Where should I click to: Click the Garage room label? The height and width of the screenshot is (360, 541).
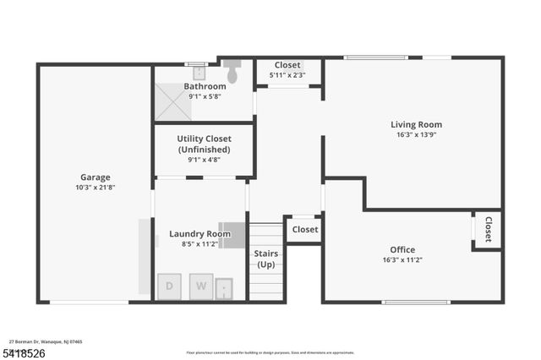(96, 177)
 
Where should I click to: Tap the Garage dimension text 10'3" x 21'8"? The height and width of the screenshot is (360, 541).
(96, 188)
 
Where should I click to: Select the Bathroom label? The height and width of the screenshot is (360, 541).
(205, 86)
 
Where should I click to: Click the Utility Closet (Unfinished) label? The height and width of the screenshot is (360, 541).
(203, 144)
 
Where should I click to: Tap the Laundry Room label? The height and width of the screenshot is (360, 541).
(199, 234)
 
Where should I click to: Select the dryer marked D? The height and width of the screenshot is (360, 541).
(169, 286)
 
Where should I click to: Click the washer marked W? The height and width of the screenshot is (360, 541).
(201, 286)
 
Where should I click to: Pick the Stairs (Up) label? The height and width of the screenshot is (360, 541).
(266, 259)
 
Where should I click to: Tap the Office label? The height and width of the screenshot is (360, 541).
(402, 249)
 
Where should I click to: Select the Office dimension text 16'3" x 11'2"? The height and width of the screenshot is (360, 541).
(402, 260)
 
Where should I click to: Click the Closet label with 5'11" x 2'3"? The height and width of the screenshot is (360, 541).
(287, 65)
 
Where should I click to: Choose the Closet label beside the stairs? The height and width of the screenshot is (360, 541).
(304, 229)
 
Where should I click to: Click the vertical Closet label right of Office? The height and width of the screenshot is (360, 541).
(489, 229)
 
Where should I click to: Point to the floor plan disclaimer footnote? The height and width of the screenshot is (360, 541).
(270, 352)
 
